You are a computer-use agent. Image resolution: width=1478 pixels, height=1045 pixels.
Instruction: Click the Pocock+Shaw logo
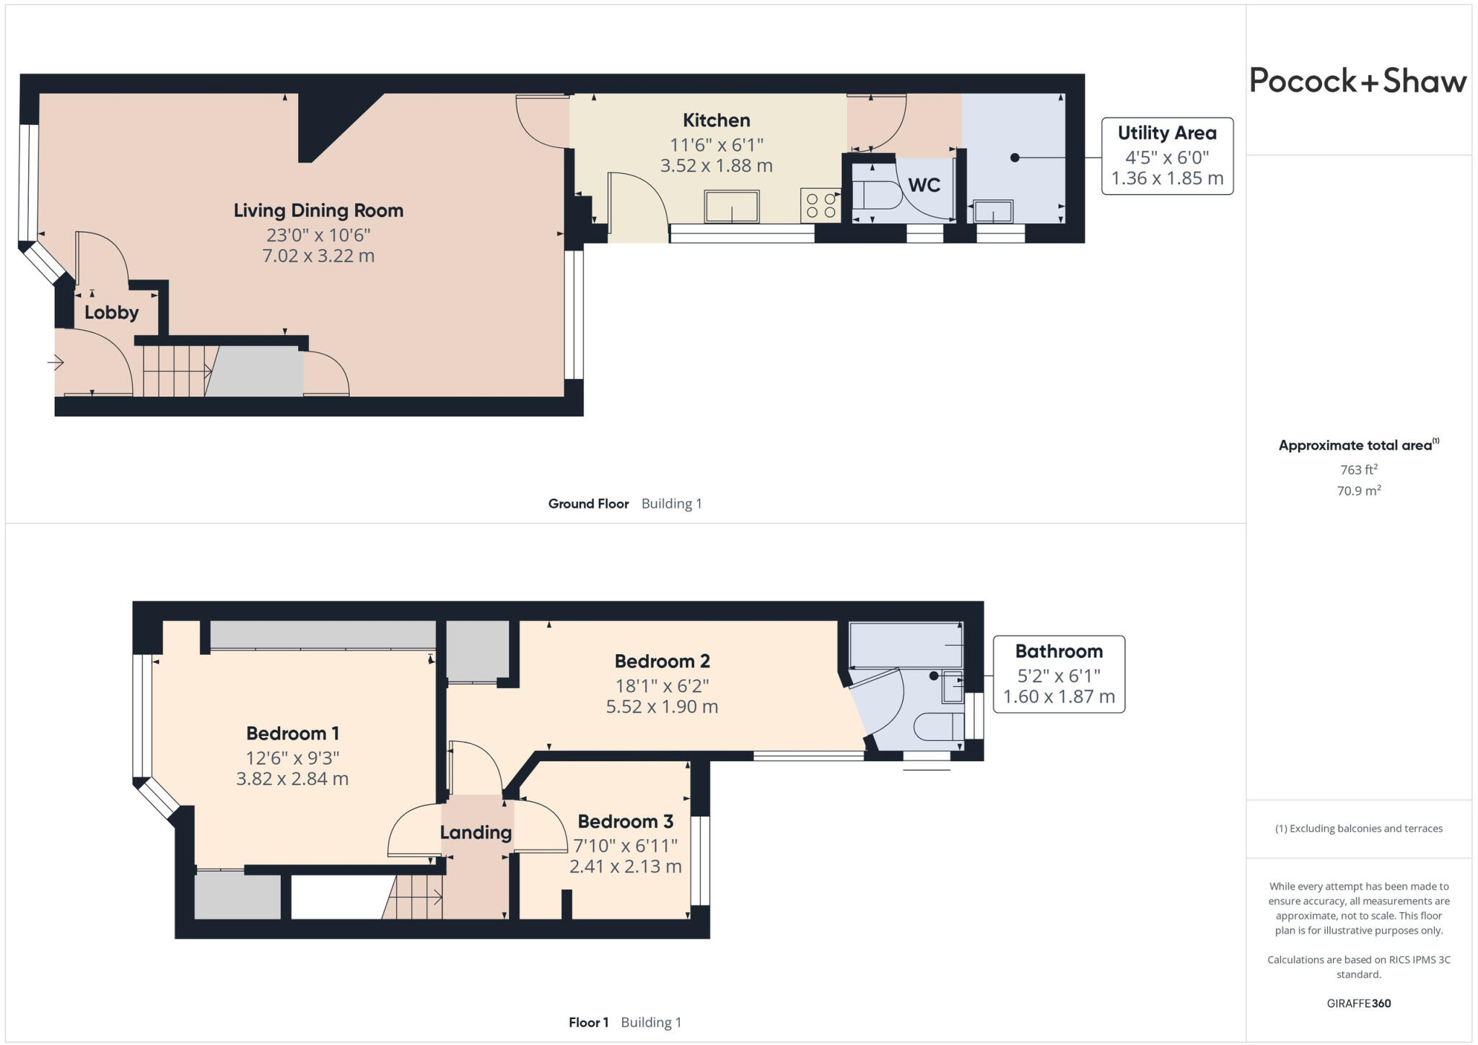click(1357, 81)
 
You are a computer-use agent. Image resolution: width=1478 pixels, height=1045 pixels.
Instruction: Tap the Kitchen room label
click(716, 120)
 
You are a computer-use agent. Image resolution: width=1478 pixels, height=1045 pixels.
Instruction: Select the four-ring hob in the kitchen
click(821, 205)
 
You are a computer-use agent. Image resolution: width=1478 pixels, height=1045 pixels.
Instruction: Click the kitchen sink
click(732, 207)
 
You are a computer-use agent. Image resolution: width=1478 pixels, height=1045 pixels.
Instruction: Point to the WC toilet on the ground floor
click(875, 195)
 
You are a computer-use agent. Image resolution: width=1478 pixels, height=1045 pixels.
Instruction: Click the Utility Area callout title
click(1166, 133)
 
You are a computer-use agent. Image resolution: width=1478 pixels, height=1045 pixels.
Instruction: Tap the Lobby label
click(111, 313)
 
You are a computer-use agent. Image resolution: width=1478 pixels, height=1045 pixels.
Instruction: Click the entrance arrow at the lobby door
click(56, 362)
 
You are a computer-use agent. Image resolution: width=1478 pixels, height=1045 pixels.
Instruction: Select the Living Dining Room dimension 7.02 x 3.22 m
click(318, 256)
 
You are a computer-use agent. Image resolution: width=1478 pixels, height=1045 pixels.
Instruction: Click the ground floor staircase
click(175, 371)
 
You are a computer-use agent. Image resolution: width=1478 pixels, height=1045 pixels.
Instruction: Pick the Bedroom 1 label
click(292, 733)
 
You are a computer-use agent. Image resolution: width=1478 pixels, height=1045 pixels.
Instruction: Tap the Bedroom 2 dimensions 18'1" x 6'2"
click(661, 685)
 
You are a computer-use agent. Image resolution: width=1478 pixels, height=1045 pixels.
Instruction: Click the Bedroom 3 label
click(625, 821)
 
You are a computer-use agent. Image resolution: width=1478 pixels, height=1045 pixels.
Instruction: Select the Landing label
click(476, 832)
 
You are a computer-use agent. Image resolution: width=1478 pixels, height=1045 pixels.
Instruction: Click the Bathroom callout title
click(1058, 651)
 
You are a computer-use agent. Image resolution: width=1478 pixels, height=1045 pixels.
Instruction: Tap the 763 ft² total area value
click(1359, 469)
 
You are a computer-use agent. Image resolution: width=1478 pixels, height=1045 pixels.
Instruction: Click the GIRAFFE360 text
click(1358, 1003)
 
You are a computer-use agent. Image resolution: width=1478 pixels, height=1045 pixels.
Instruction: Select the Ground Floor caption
click(588, 503)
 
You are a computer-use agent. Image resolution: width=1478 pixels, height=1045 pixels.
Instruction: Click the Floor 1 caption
click(588, 1022)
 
